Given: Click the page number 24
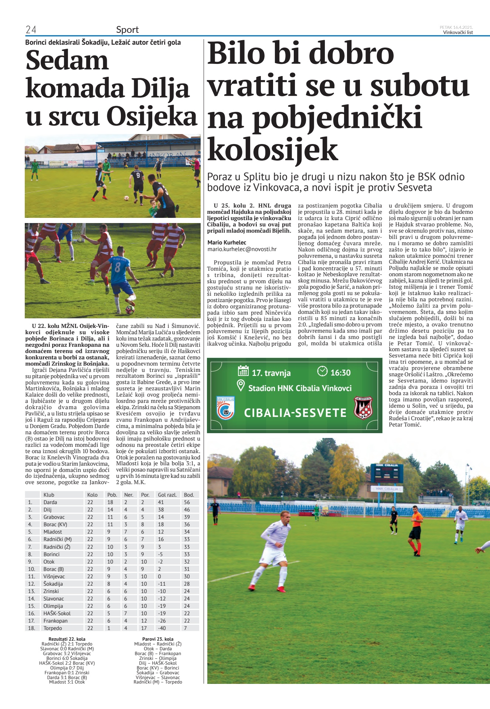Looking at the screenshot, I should click(31, 30).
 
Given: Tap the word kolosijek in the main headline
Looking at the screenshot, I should click(273, 149).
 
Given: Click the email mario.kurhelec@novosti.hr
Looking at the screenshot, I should click(242, 249).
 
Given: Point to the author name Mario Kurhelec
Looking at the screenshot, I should click(227, 243).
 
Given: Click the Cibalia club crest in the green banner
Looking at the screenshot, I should click(225, 408).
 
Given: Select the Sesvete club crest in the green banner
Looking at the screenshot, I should click(363, 408).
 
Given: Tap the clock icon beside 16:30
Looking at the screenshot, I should click(322, 371).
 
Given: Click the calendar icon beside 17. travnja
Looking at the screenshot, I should click(243, 371).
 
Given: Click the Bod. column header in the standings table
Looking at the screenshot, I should click(188, 495).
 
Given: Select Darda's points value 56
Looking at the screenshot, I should click(187, 502).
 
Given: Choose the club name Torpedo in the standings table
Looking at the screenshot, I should click(53, 628).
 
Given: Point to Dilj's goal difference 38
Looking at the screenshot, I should click(161, 510).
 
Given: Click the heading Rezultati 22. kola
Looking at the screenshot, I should click(67, 639).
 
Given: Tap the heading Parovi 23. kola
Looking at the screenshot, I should click(158, 639).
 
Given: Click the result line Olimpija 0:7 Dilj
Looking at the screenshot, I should click(67, 668).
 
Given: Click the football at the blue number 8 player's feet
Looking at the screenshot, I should click(130, 309).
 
